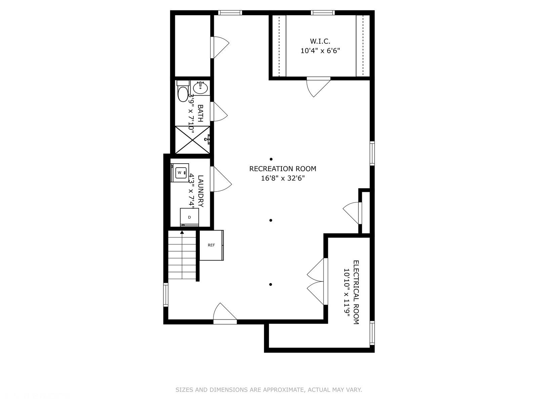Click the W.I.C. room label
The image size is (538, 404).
(x=320, y=41)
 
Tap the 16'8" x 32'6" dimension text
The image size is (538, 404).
(x=282, y=178)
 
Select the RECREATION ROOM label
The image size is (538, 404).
(x=282, y=169)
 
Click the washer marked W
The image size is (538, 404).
(x=180, y=173)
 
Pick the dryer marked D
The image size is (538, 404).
(x=189, y=217)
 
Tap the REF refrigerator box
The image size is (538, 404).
(x=211, y=245)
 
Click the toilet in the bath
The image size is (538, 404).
(x=183, y=92)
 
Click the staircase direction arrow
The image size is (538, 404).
(x=182, y=232)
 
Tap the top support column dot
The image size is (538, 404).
(x=271, y=159)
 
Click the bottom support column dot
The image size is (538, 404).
(x=271, y=284)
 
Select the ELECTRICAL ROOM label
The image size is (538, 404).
(x=356, y=292)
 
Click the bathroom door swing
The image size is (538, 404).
(x=219, y=111)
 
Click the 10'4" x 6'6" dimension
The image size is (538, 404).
(x=320, y=51)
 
